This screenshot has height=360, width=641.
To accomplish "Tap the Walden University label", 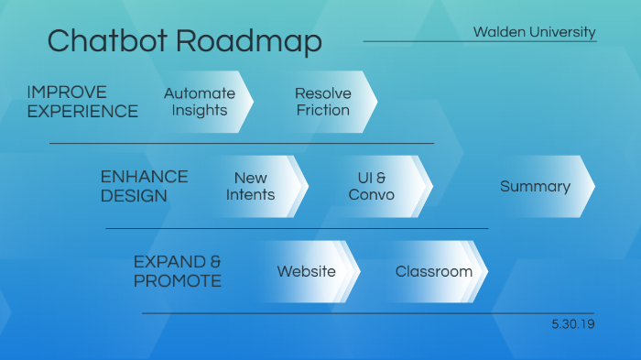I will pos(534,32).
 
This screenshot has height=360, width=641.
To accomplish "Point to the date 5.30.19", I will pos(573,324).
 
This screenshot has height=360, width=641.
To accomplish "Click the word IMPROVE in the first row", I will pos(67,93).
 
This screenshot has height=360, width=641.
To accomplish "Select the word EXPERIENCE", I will pos(82,112).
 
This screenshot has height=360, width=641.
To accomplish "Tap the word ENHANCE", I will pos(144,177).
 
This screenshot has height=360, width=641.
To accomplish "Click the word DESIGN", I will pos(134,196).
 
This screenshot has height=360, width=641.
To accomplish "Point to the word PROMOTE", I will pos(178,280).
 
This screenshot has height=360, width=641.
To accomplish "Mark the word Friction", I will pos(322,110).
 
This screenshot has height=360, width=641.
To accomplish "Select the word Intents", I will pos(250,194).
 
